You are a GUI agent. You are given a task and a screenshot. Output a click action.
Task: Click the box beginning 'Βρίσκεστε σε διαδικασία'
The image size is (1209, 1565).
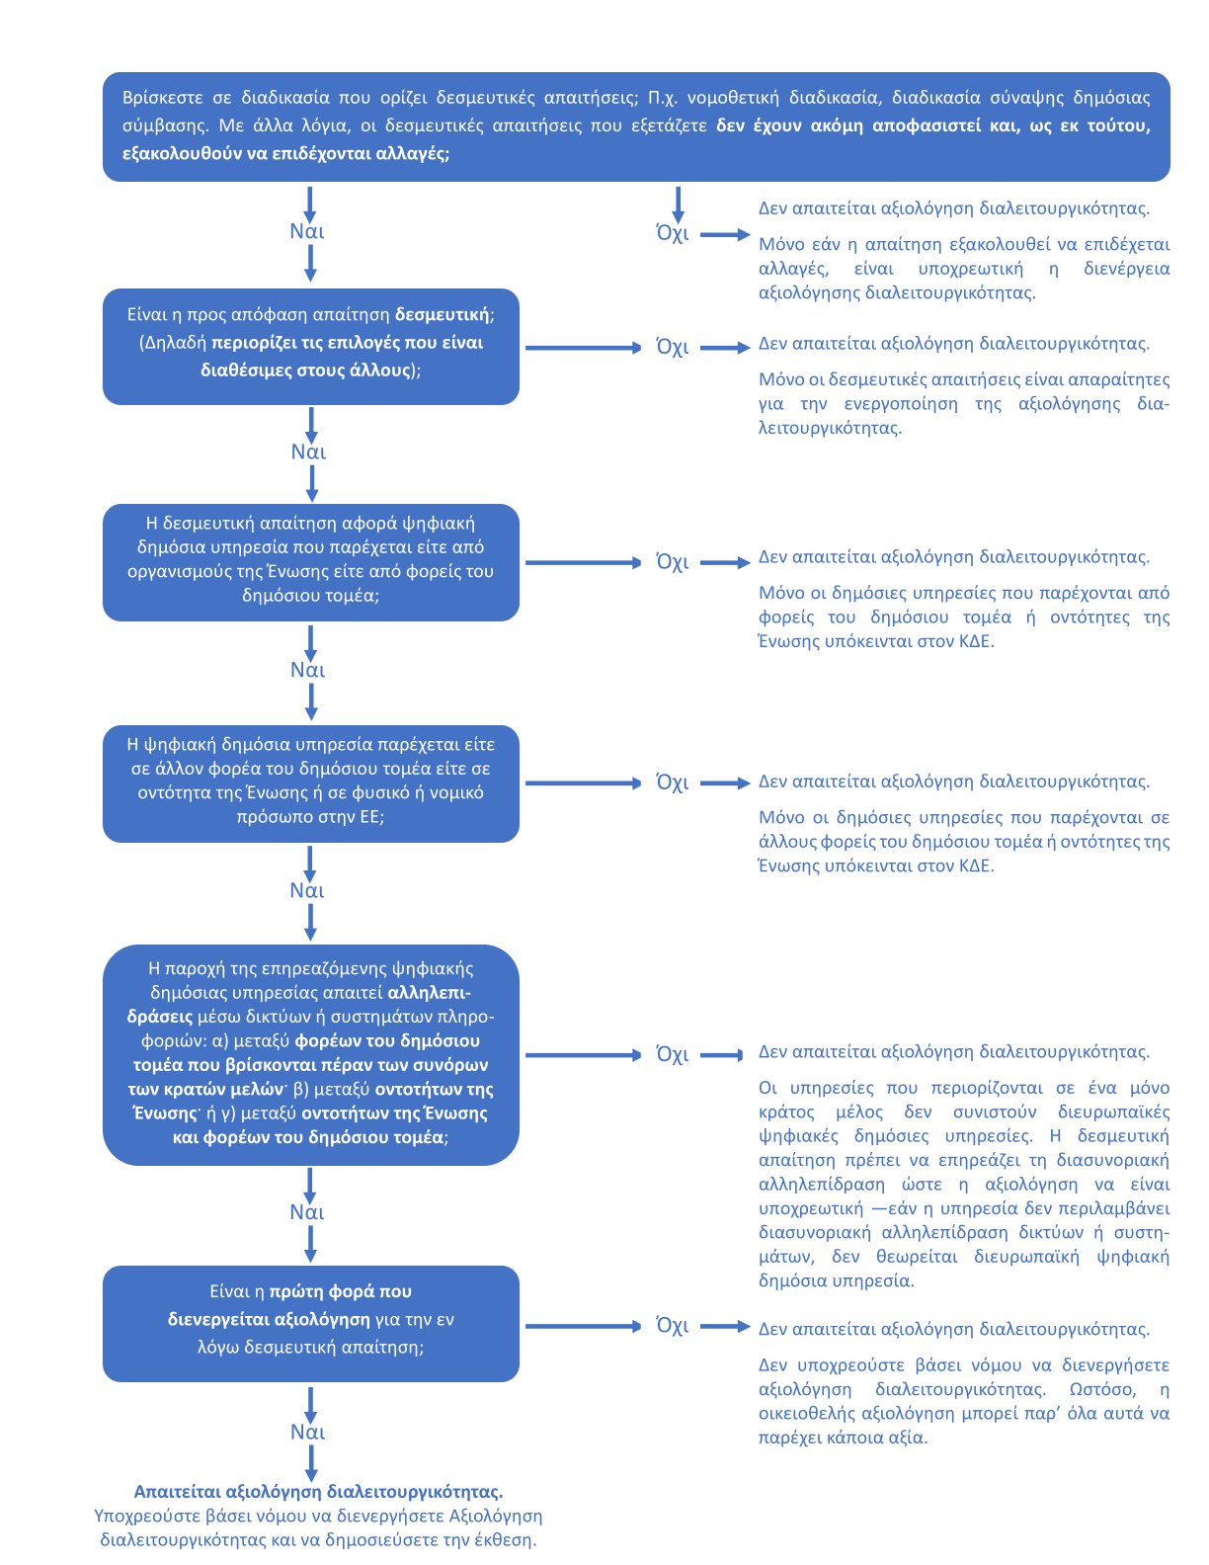(x=636, y=126)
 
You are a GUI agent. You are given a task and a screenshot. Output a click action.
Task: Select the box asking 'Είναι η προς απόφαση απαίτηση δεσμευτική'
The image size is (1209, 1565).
(x=310, y=346)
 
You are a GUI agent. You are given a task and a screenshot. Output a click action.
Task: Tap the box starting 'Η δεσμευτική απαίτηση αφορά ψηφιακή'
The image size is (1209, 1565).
(x=310, y=562)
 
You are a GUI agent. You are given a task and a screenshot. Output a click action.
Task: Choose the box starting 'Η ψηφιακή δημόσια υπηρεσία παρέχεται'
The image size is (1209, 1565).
(x=310, y=783)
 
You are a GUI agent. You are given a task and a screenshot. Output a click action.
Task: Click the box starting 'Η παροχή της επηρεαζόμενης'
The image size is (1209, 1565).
(x=310, y=1054)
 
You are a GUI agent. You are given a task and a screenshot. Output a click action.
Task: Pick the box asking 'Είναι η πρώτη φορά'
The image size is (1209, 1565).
(x=310, y=1323)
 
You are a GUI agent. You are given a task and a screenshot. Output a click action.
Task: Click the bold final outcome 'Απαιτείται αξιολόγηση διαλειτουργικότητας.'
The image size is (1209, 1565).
(x=318, y=1492)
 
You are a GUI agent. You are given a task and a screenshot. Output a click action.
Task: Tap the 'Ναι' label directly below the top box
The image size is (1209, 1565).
(x=307, y=231)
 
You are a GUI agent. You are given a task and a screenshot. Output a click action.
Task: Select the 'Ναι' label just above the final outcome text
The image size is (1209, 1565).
(x=307, y=1433)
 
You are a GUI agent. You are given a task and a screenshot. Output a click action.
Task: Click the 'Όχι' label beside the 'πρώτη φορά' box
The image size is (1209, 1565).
(x=673, y=1326)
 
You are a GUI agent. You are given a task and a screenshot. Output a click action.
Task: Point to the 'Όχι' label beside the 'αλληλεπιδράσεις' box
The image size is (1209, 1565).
(x=673, y=1055)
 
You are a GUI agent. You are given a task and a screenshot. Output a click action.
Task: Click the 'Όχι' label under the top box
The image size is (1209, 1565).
(x=673, y=234)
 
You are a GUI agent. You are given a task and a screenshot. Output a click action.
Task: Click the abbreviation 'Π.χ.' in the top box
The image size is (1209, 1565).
(x=663, y=98)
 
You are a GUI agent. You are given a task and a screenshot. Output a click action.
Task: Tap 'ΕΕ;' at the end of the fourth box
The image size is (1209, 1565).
(x=366, y=817)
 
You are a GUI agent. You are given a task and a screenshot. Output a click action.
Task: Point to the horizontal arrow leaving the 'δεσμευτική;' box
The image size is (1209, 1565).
(x=583, y=348)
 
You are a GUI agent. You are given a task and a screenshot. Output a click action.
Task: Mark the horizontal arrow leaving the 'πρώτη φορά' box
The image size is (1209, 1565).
(x=583, y=1326)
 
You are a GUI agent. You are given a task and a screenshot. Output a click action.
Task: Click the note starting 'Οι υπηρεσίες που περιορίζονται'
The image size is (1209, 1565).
(x=963, y=1184)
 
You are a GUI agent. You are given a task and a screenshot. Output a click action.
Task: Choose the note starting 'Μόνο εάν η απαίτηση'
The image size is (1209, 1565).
(x=963, y=269)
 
